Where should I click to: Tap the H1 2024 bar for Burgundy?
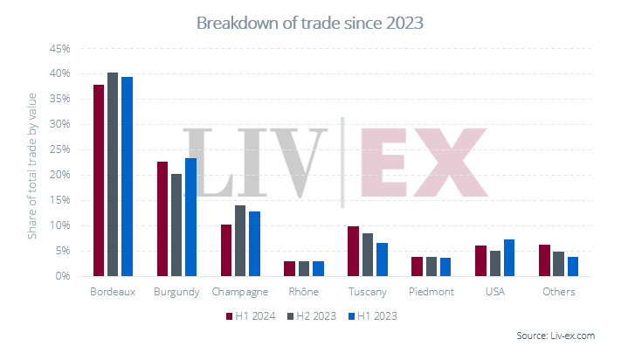tap(162, 218)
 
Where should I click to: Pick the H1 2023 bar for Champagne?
tap(253, 244)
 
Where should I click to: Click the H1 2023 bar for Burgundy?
tap(190, 217)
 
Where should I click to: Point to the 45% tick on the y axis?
tap(58, 48)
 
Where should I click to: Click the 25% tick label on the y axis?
tap(58, 149)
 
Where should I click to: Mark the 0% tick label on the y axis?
tap(61, 276)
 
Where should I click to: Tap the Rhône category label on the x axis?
tap(301, 292)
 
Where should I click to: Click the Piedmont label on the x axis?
tap(430, 292)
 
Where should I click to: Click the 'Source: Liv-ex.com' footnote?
tap(568, 335)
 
